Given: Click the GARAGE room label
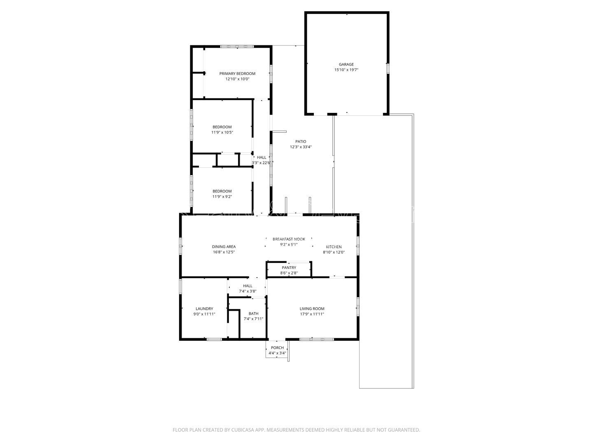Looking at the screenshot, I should pyautogui.click(x=346, y=64).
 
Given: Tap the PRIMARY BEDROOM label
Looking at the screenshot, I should pyautogui.click(x=237, y=73).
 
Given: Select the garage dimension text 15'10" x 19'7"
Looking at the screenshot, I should pyautogui.click(x=346, y=70).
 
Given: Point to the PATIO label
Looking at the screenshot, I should pyautogui.click(x=301, y=141).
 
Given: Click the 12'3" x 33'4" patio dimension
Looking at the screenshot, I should pyautogui.click(x=301, y=147).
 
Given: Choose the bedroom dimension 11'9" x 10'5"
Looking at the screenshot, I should pyautogui.click(x=222, y=132).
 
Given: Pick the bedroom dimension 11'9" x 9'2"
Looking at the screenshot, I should pyautogui.click(x=222, y=197).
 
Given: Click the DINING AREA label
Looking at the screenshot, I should pyautogui.click(x=224, y=246).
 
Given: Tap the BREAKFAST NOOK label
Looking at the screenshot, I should pyautogui.click(x=289, y=239).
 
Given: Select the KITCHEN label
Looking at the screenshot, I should pyautogui.click(x=334, y=247).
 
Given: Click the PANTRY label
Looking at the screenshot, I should pyautogui.click(x=289, y=267).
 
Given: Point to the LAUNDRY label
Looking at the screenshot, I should pyautogui.click(x=204, y=309).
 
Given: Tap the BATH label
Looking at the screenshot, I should pyautogui.click(x=253, y=314).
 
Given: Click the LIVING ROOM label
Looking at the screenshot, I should pyautogui.click(x=312, y=309).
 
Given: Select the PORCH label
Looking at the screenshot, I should pyautogui.click(x=277, y=348).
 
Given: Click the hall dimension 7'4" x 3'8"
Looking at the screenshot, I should pyautogui.click(x=248, y=291).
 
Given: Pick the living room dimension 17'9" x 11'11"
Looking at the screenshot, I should pyautogui.click(x=312, y=314).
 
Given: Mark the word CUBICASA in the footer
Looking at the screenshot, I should pyautogui.click(x=242, y=430).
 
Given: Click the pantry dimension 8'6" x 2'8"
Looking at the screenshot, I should pyautogui.click(x=289, y=273).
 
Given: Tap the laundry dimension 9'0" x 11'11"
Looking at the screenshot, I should pyautogui.click(x=204, y=314).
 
